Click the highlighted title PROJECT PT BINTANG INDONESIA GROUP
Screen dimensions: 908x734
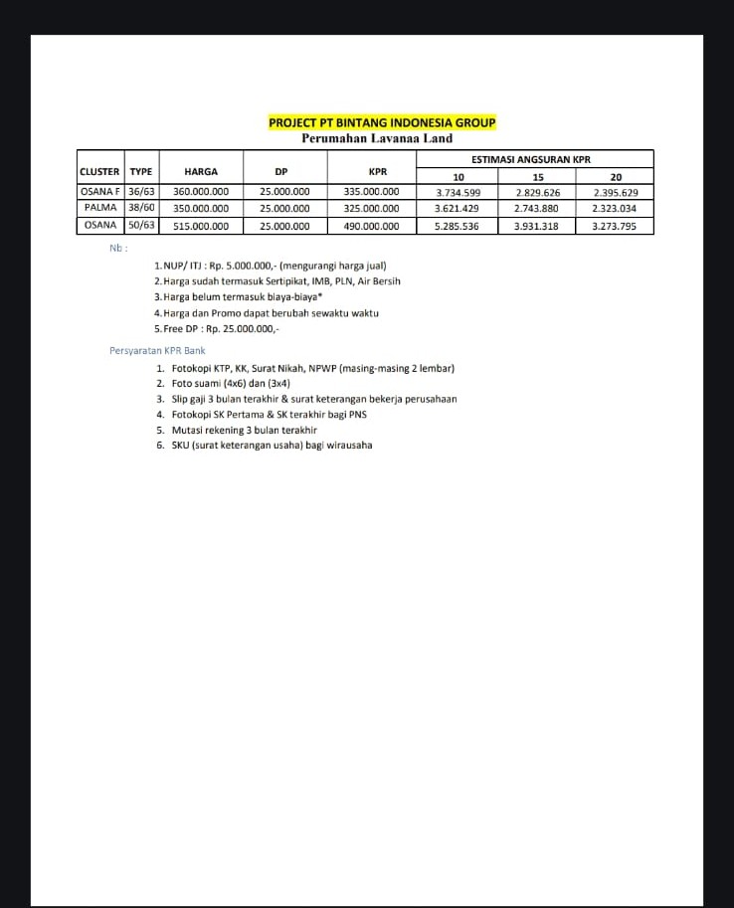[382, 122]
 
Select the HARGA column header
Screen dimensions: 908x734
[201, 171]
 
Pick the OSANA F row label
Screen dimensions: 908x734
[99, 192]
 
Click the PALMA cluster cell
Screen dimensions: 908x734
[100, 209]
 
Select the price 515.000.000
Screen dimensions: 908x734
[201, 227]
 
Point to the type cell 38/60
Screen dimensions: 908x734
[141, 209]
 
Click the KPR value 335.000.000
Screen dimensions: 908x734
[370, 192]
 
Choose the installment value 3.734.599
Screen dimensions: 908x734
[458, 192]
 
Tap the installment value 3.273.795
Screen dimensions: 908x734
[615, 227]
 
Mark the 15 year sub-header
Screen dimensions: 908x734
[537, 177]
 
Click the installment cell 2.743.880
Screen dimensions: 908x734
[537, 209]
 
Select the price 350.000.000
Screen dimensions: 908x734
[201, 209]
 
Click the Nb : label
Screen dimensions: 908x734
[118, 248]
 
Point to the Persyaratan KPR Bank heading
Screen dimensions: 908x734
[157, 351]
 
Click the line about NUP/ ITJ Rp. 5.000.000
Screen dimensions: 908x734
[271, 266]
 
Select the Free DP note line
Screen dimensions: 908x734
[217, 328]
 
